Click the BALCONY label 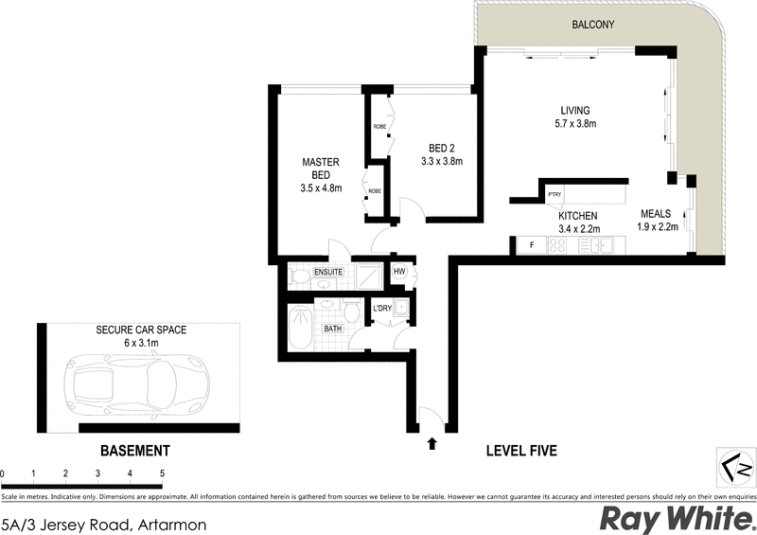(x=594, y=26)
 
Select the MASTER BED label (x=321, y=169)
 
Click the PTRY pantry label (x=555, y=195)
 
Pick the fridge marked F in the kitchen (x=532, y=246)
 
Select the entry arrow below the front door (x=433, y=441)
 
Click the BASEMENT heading (x=134, y=451)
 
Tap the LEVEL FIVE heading (x=520, y=451)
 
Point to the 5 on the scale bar (x=162, y=473)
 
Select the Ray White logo (x=677, y=517)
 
